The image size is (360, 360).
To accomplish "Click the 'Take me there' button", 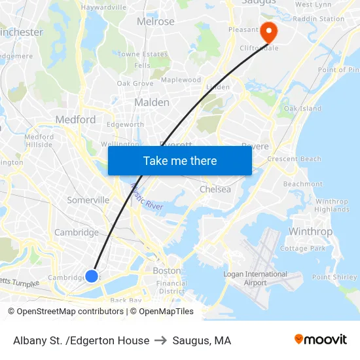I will pos(180,160).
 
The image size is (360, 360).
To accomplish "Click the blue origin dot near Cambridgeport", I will pos(92,276).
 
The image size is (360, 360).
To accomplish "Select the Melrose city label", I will pos(155,22).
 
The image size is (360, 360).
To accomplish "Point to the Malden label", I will pos(151,102).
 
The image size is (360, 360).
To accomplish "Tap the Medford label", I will pos(75,119).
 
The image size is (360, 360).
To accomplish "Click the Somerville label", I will pos(88,200).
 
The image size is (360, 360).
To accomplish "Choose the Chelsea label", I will pos(215,189).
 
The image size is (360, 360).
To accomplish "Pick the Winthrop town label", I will pos(310,232).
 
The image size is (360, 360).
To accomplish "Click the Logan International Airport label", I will pos(255,278).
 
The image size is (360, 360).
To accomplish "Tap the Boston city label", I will pos(166,270).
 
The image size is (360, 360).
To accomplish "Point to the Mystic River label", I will pos(147,197).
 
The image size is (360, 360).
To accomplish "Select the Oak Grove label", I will pos(135,83).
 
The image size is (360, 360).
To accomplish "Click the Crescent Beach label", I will pos(294,159).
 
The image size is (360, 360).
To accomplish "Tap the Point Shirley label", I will pos(334,277).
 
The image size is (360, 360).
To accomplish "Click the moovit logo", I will pos(320,339).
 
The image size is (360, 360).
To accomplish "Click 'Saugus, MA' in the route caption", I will pos(202,340).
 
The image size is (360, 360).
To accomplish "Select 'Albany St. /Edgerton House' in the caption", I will pos(81,340).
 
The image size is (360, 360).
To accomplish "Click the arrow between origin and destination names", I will pos(161,340).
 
